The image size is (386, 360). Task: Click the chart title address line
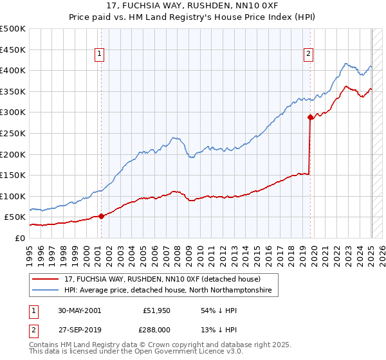click(x=193, y=8)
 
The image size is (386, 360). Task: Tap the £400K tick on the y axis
click(x=12, y=71)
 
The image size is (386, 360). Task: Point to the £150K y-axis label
click(x=12, y=175)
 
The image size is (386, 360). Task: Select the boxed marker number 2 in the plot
click(x=309, y=55)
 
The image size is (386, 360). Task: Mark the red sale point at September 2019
click(x=310, y=117)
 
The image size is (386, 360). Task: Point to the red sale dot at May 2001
click(x=102, y=216)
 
